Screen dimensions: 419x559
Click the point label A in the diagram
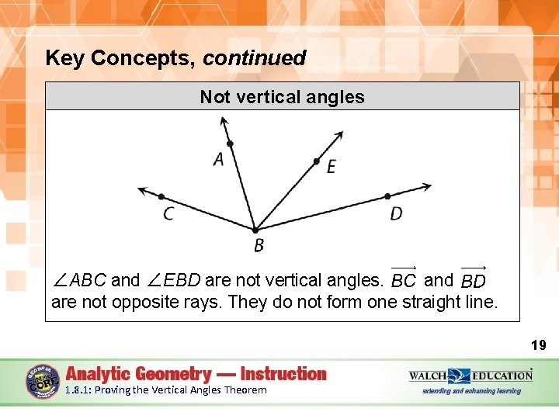tap(218, 159)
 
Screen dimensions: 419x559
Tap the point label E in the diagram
tap(332, 167)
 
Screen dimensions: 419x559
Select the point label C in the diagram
tap(168, 213)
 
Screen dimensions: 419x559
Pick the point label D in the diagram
tap(396, 213)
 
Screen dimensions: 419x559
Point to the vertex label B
tap(259, 246)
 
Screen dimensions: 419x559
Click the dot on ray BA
tap(230, 144)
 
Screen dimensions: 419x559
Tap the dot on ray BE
tap(316, 161)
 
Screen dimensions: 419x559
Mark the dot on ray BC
tap(161, 196)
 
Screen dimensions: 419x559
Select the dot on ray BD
tap(387, 196)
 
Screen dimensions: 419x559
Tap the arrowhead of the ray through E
tap(339, 136)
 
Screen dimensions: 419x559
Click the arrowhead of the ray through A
tap(224, 121)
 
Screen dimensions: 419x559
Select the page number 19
tap(538, 345)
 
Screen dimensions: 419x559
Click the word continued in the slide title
tap(255, 58)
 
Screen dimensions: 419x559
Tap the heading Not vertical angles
tap(282, 97)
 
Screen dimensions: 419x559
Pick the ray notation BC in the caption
tap(404, 279)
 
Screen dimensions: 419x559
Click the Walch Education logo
tap(470, 376)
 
